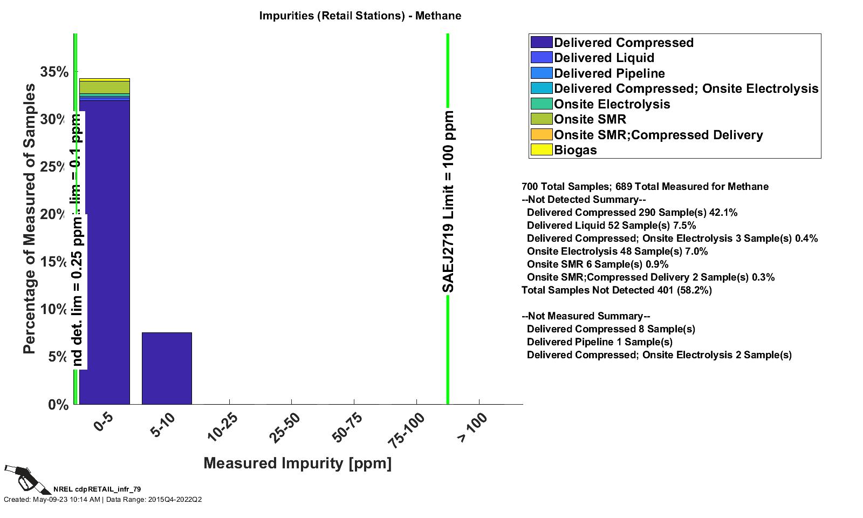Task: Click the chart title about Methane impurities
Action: coord(360,16)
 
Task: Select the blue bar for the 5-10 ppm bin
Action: coord(167,368)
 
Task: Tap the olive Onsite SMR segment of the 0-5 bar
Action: coord(104,87)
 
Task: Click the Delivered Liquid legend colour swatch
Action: coord(541,58)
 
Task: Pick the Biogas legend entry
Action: coord(575,150)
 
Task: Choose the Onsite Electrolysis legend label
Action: coord(612,104)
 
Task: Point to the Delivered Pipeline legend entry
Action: coord(609,73)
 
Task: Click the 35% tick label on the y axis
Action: coord(54,72)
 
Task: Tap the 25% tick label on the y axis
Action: coord(54,167)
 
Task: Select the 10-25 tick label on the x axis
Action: coord(223,427)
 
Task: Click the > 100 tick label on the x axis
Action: coord(472,427)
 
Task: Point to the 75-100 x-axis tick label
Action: coord(407,430)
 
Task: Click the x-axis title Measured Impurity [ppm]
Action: coord(297,464)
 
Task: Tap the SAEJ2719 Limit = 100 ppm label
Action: coord(448,202)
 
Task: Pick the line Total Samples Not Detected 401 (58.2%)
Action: coord(617,290)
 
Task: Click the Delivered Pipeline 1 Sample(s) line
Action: coord(599,342)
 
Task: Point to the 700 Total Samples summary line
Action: coord(645,187)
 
